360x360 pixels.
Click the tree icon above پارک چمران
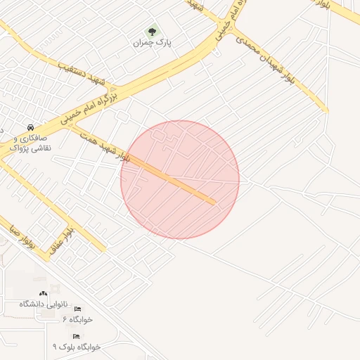coord(153,31)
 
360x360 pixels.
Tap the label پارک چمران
coord(153,43)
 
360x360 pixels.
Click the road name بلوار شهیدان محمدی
coord(269,64)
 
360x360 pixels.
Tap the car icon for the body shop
coord(30,127)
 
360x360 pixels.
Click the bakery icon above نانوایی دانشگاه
coord(43,294)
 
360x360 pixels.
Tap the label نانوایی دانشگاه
coord(43,304)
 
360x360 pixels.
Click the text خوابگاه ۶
coord(77,319)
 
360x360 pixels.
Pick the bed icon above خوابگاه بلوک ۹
coord(76,337)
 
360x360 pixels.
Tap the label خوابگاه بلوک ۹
coord(77,347)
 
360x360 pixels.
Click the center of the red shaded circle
coord(180,179)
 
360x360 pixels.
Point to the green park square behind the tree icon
coord(153,31)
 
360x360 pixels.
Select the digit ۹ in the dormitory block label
coord(56,347)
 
